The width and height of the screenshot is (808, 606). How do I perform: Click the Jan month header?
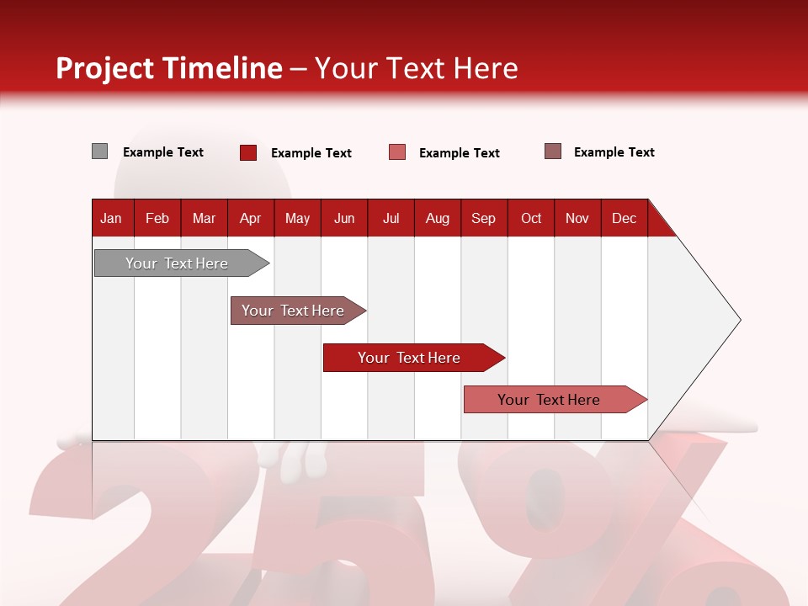click(x=111, y=218)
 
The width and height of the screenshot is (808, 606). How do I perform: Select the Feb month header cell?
click(x=157, y=218)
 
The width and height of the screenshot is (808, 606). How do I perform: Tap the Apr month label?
click(x=250, y=218)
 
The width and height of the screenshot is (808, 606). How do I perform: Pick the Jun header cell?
click(x=344, y=218)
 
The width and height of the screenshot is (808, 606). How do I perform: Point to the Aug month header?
click(x=438, y=218)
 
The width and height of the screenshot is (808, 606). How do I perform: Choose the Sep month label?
click(x=483, y=218)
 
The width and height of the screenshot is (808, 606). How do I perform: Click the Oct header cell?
click(x=531, y=218)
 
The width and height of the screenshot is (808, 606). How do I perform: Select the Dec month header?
click(x=624, y=218)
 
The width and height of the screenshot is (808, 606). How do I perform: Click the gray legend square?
click(x=99, y=151)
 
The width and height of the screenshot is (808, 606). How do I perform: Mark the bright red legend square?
click(x=248, y=152)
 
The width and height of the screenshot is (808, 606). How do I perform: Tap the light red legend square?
click(x=397, y=152)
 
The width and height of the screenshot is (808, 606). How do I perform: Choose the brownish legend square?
click(x=553, y=151)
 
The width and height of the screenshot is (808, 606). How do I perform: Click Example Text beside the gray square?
click(x=163, y=152)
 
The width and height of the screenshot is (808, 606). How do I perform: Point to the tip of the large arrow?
click(x=739, y=320)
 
